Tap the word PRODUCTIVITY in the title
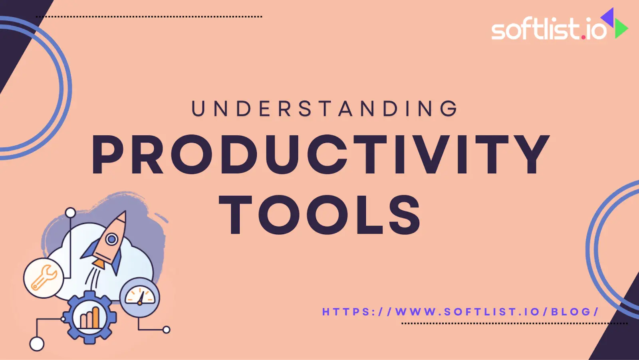pos(321,154)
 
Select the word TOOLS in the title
pos(320,215)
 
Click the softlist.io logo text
pos(548,29)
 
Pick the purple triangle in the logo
pos(608,17)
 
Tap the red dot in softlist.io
pos(583,37)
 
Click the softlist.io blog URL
pos(460,312)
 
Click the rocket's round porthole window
pos(112,239)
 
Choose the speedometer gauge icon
pos(140,297)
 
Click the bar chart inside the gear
pos(90,318)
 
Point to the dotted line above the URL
pos(514,323)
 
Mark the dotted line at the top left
pos(149,17)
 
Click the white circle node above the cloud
pos(70,213)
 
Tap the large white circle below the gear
pos(37,344)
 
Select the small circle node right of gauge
pos(167,330)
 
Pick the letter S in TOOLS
pos(405,215)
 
